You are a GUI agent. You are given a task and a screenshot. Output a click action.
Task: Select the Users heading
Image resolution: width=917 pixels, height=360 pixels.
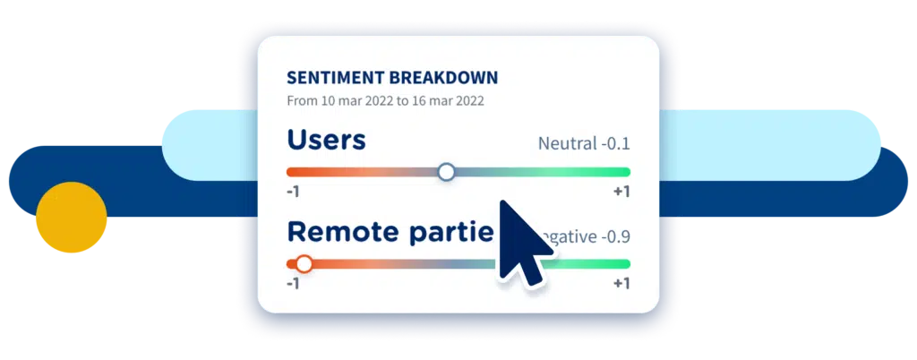click(326, 141)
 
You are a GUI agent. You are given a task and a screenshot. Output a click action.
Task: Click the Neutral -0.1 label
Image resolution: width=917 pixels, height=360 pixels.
click(584, 143)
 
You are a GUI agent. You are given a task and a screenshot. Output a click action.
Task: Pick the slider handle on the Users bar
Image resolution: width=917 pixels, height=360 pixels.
click(446, 172)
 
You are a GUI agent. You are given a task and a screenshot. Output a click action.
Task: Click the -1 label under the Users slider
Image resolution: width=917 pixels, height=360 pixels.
click(292, 192)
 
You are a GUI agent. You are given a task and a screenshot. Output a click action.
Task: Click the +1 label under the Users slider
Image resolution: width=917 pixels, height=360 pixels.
click(621, 192)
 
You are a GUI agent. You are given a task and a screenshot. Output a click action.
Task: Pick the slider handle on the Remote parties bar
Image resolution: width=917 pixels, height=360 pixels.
click(304, 264)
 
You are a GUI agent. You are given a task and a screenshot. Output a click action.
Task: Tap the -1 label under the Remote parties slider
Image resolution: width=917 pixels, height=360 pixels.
click(292, 284)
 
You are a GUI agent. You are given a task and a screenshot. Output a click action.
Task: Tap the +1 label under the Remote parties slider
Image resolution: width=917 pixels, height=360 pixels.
click(621, 284)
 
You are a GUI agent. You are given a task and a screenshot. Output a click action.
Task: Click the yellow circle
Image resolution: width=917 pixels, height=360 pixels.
click(72, 218)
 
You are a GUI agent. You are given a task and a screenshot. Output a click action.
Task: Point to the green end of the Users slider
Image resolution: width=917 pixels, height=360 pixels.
click(618, 172)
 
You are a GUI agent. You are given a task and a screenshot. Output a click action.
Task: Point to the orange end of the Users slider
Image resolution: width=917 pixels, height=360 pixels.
click(296, 172)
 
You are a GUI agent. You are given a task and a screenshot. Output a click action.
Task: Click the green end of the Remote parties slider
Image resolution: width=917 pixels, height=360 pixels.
click(618, 264)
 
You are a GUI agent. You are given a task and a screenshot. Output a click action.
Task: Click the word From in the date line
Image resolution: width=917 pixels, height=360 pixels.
click(302, 101)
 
